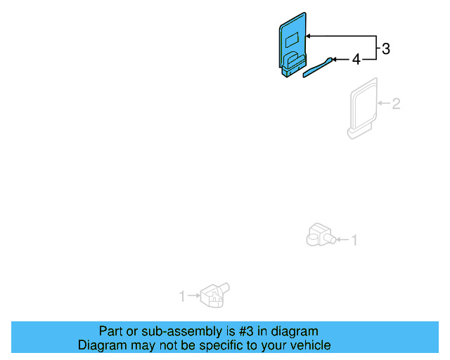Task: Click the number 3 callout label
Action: pos(385,49)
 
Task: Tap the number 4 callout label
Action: pos(356,60)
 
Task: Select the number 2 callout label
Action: pos(396,104)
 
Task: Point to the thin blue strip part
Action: pos(319,67)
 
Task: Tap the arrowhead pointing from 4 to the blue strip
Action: pos(335,60)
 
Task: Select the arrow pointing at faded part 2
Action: pos(383,104)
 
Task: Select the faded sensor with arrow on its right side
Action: pos(319,235)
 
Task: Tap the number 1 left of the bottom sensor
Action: pos(182,297)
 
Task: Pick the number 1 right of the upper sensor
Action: pos(354,240)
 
